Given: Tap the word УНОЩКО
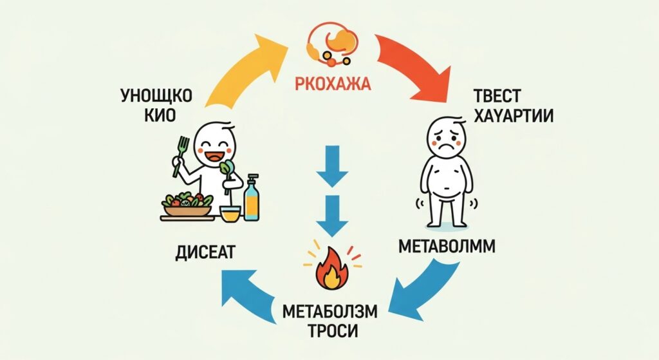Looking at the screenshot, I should [156, 97].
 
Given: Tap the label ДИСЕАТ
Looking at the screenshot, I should [205, 253].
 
